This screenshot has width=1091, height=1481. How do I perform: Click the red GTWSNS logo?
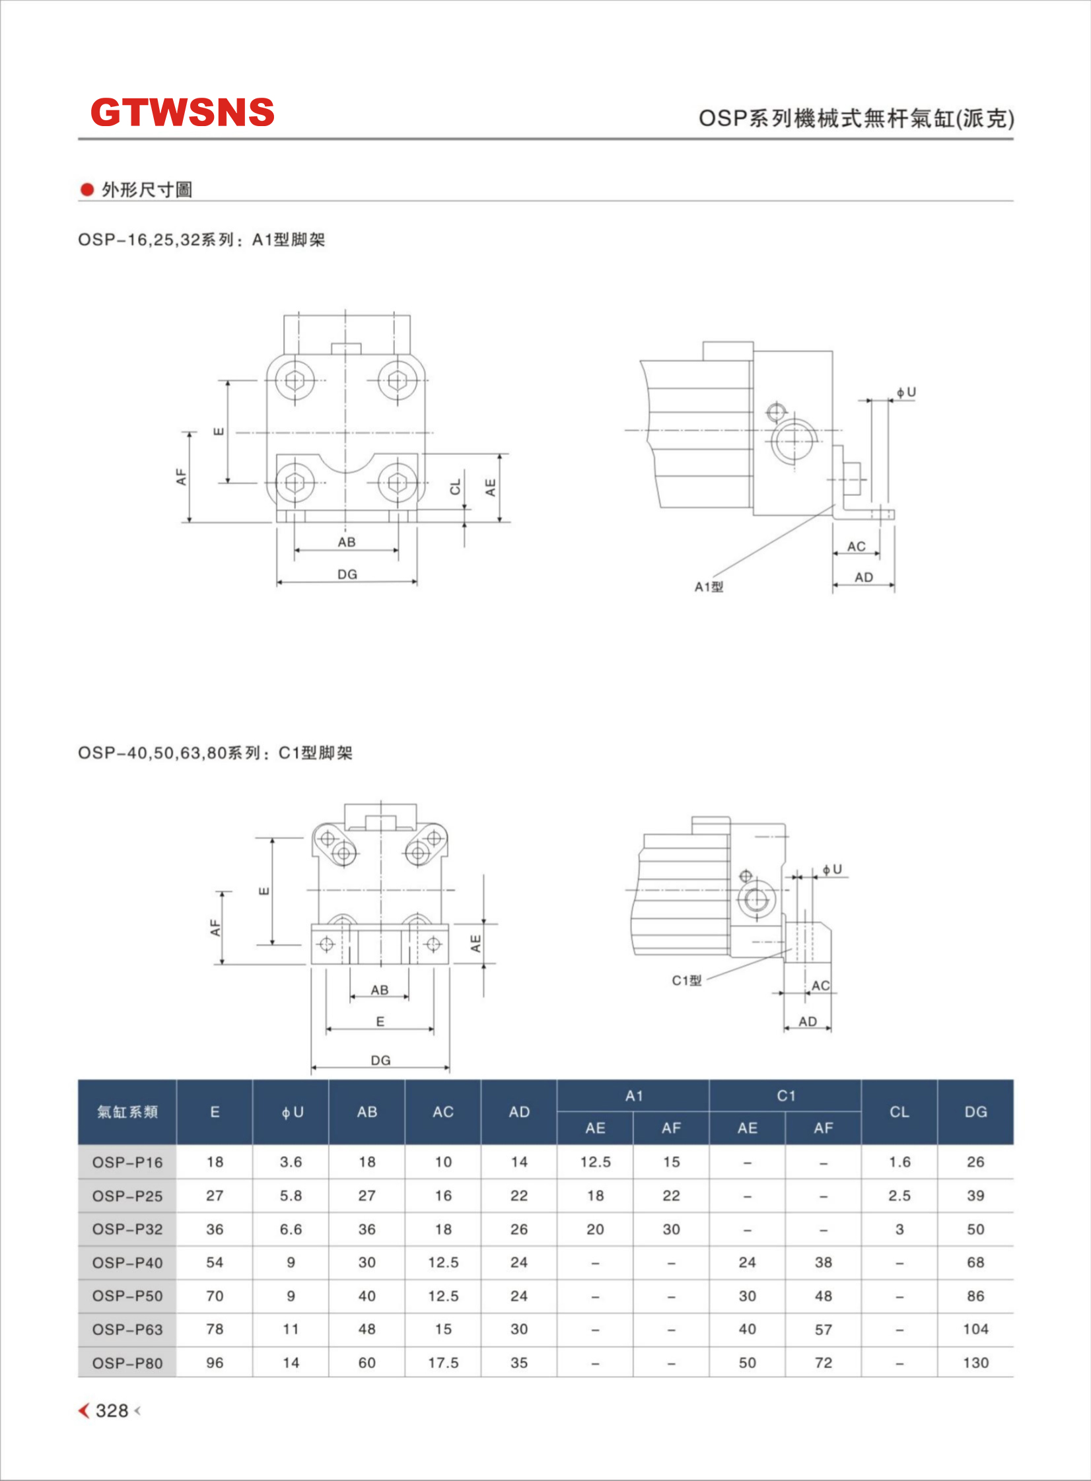[x=182, y=112]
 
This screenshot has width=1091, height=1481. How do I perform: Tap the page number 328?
[x=112, y=1410]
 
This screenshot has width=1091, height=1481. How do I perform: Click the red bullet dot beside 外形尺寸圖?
[x=87, y=190]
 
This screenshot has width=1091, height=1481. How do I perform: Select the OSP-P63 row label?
[x=127, y=1329]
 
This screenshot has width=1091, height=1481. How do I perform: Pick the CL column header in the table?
[x=899, y=1112]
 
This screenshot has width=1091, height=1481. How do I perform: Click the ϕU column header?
[x=291, y=1112]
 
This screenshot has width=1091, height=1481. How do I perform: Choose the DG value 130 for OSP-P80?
[x=975, y=1363]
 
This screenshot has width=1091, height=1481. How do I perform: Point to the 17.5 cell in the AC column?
[x=443, y=1363]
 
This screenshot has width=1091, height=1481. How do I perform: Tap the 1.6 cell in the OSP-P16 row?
[x=899, y=1162]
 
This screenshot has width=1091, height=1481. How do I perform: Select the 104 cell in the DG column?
[x=975, y=1329]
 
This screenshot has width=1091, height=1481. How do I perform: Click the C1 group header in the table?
[x=785, y=1096]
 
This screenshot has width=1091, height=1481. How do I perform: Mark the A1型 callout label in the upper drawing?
[x=709, y=587]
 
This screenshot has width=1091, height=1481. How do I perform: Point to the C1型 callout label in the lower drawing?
[x=687, y=981]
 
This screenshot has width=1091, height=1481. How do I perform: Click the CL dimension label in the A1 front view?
[x=455, y=487]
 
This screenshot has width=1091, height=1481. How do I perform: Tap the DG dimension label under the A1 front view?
[x=347, y=574]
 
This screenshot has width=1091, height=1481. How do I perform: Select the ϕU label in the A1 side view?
[x=906, y=393]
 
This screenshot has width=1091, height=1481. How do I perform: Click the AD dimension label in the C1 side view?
[x=808, y=1021]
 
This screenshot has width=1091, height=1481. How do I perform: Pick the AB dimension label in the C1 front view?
[x=380, y=990]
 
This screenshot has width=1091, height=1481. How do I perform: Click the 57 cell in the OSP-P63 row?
[x=823, y=1329]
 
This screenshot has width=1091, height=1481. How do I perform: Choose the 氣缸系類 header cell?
[x=127, y=1112]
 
